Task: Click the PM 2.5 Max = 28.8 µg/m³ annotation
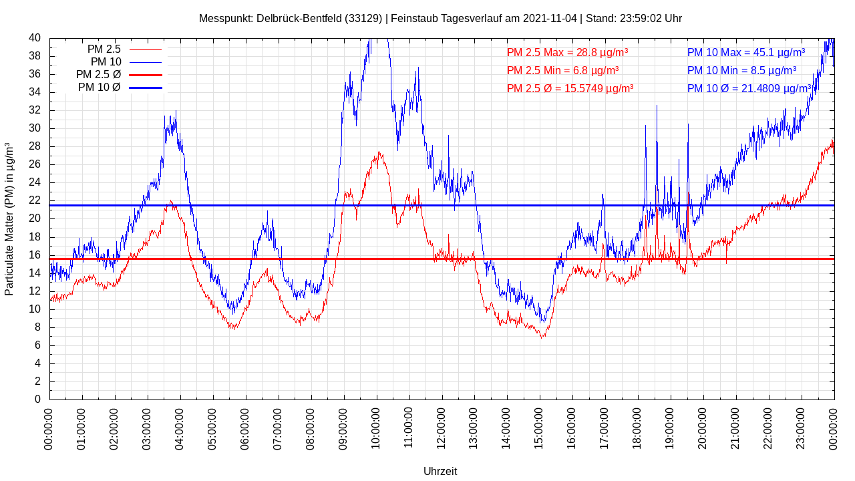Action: click(567, 52)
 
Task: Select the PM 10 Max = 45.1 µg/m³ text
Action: click(745, 52)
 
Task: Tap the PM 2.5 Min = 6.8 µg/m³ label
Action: click(562, 70)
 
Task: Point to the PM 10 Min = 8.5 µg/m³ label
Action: click(741, 70)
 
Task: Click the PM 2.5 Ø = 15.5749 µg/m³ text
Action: click(570, 88)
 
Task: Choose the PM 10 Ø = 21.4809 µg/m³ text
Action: click(749, 88)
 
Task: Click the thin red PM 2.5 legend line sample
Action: click(146, 49)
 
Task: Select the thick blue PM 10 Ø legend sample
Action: click(146, 88)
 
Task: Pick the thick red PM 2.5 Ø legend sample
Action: click(146, 75)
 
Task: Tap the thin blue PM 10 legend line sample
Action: click(146, 62)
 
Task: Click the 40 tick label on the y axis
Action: click(35, 38)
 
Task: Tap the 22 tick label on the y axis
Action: click(35, 200)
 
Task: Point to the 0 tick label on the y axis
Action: click(37, 399)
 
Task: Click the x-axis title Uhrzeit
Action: click(440, 472)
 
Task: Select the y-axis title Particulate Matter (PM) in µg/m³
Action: click(9, 219)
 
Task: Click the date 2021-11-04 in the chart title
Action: click(550, 19)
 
